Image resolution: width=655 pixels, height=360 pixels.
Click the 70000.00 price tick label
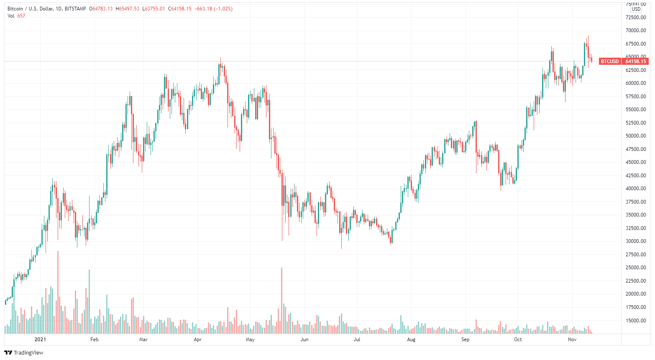tap(636, 31)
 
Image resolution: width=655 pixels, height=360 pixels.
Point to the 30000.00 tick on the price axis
tap(636, 241)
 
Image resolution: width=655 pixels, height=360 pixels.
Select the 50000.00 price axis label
tap(636, 136)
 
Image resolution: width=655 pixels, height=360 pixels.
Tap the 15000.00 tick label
tap(636, 321)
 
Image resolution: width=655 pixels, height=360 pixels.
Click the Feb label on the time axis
tap(95, 340)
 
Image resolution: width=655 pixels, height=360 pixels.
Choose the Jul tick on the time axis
tap(357, 340)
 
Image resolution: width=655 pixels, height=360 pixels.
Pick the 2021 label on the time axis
tap(40, 340)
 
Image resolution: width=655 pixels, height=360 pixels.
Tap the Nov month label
tap(572, 340)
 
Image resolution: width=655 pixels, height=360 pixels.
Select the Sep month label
tap(466, 340)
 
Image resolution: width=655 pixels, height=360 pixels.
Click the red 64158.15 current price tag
tap(636, 61)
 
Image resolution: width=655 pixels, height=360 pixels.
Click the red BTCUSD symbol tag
tap(609, 61)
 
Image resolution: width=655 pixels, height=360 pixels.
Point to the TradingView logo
tap(24, 352)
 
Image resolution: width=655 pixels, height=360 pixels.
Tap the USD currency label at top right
tap(636, 9)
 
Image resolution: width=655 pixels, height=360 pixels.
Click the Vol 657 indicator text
tap(16, 16)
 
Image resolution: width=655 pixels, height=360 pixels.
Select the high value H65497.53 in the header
tap(128, 9)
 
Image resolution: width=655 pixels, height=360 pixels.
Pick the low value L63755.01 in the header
tap(154, 9)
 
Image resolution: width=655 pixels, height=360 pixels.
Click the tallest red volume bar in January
tap(58, 292)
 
